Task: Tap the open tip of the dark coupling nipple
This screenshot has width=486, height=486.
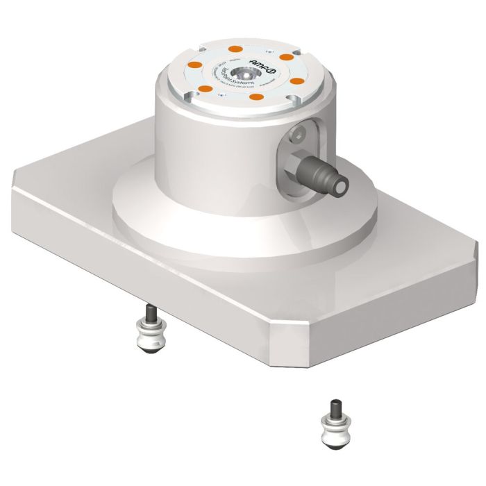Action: pos(342,186)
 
